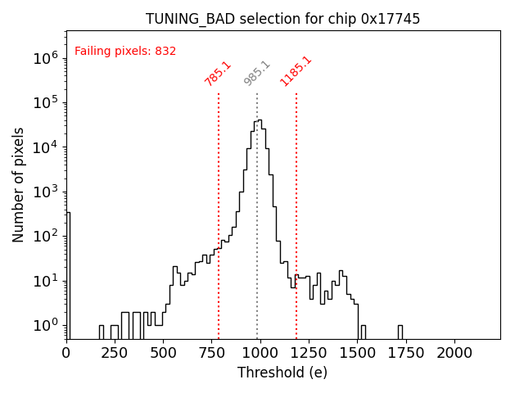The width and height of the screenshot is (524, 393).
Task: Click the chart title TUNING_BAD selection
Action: point(282,19)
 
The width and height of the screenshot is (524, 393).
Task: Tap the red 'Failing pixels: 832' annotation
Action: point(125,51)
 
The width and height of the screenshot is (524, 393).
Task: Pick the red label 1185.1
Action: point(296,71)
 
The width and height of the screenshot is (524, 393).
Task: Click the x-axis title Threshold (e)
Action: point(282,373)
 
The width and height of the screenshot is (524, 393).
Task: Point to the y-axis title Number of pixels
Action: point(19,184)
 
